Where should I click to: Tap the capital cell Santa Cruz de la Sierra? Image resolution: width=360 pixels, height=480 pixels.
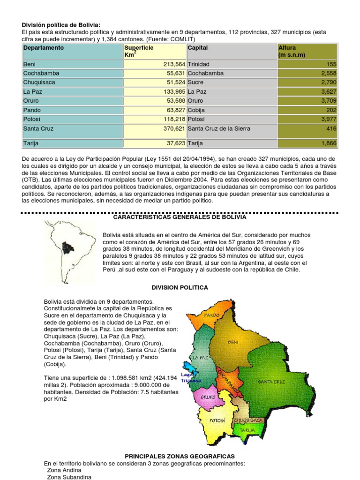219,128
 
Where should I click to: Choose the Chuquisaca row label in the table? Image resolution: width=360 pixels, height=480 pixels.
39,82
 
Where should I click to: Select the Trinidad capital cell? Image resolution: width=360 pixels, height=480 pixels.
199,64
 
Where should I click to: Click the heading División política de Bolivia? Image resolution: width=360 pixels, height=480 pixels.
61,25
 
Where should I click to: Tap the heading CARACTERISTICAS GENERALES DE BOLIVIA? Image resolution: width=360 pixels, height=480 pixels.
180,217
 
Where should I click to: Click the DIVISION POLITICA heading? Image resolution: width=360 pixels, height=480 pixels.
180,287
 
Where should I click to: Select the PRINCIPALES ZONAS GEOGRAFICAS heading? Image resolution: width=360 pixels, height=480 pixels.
180,456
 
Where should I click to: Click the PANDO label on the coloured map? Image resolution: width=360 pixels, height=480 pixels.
211,315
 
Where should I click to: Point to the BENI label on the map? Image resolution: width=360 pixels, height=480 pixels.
233,342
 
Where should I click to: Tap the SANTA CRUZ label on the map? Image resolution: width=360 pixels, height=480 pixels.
271,382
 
